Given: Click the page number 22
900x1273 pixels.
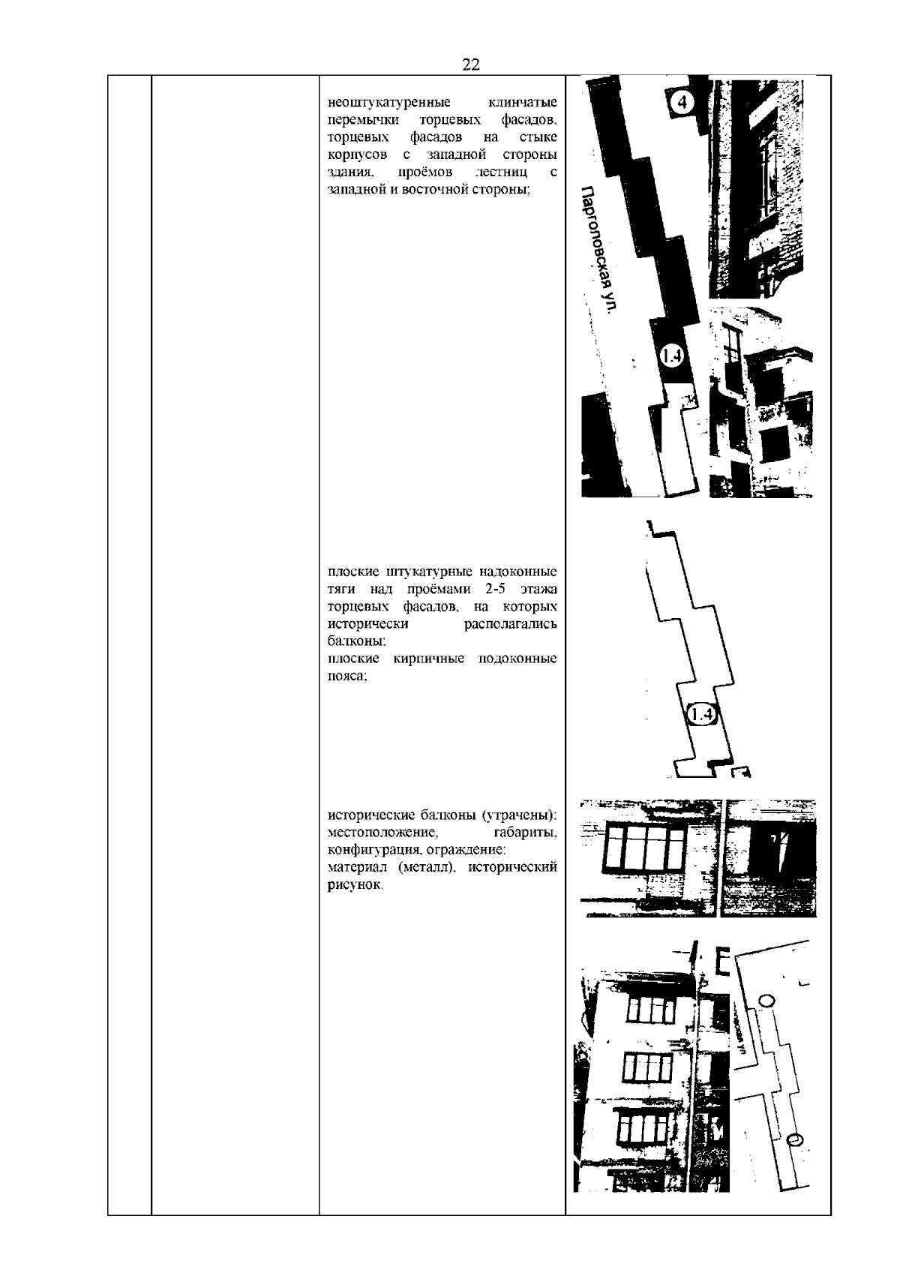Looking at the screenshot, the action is [471, 65].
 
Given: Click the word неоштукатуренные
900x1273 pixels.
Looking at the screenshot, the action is [389, 103].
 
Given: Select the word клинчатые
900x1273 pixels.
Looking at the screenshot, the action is [523, 103].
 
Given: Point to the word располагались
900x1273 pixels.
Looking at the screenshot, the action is [510, 624].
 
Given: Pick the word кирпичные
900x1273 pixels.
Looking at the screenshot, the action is [429, 659].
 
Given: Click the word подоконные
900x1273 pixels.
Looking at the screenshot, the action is [517, 659].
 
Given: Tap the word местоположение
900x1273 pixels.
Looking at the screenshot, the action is [383, 833].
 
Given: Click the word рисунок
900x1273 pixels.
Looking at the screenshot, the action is [355, 885].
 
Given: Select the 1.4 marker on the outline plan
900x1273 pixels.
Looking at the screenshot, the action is [703, 714].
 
